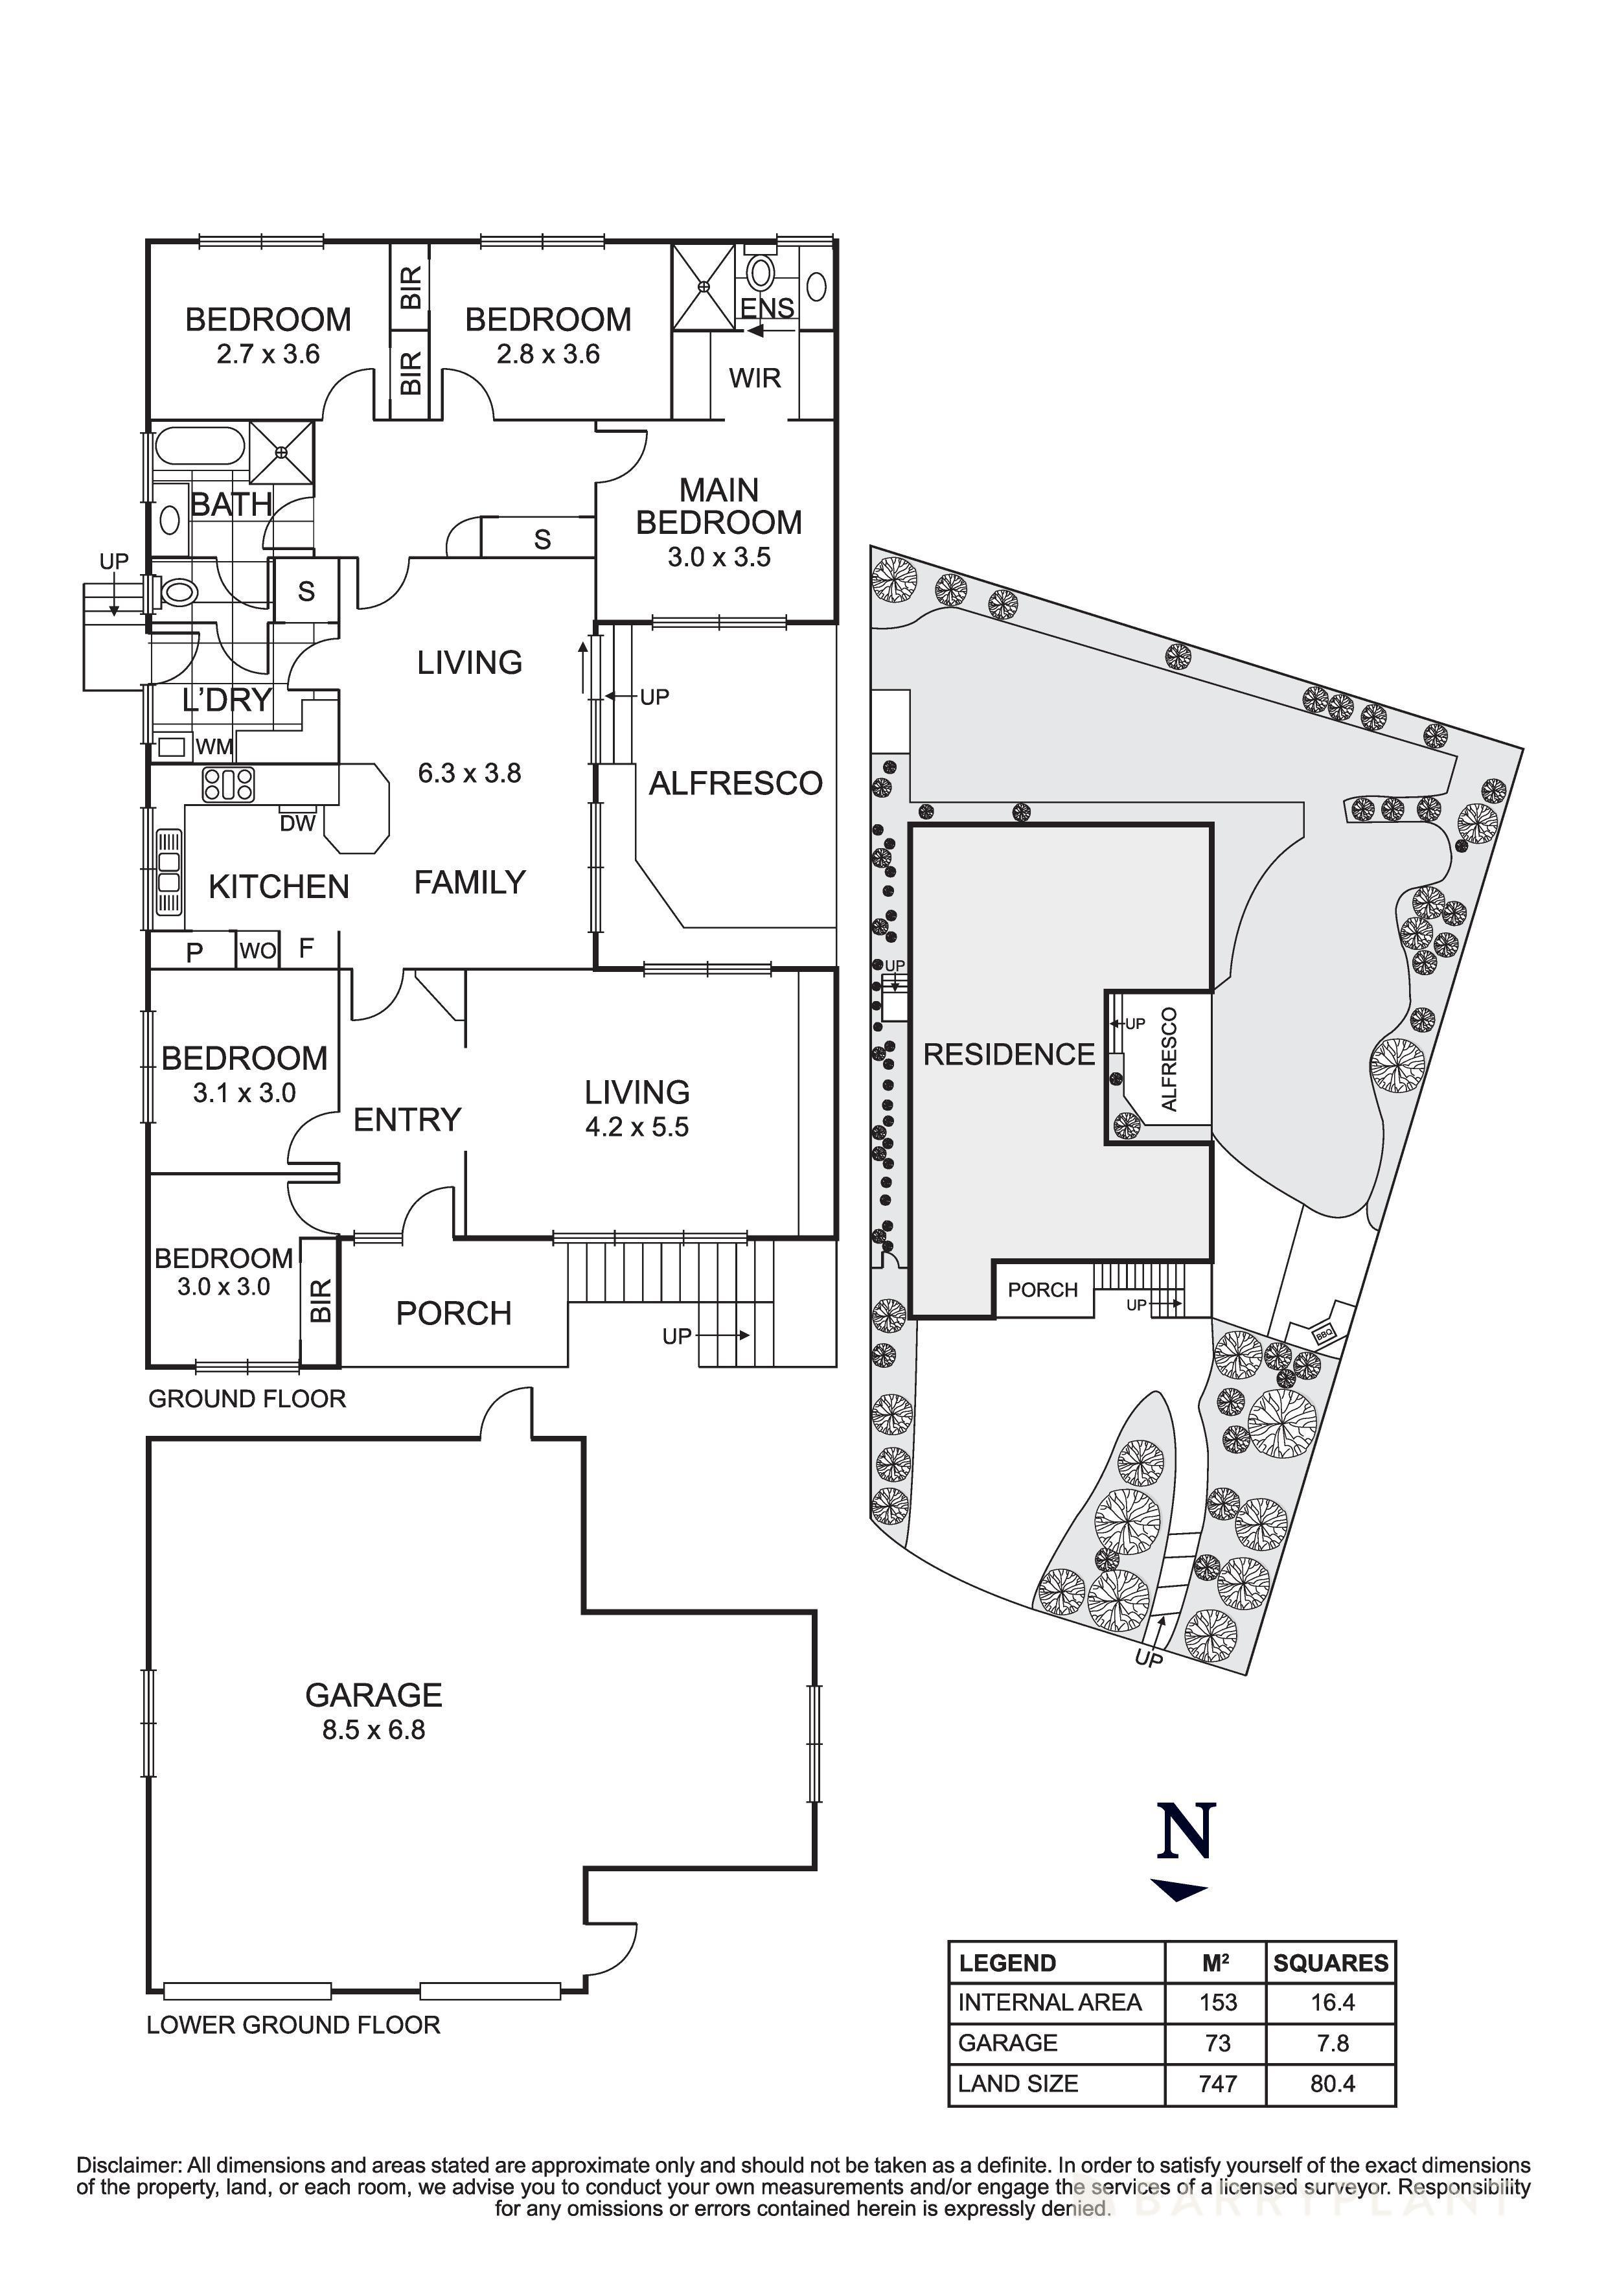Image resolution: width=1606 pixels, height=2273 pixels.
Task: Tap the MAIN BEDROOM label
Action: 718,506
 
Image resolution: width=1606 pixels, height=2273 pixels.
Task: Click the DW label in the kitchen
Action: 297,823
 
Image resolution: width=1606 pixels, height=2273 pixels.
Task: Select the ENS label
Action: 768,307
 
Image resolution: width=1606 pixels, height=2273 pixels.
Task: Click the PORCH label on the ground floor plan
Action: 453,1313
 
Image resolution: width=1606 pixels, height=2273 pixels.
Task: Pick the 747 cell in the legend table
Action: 1217,2083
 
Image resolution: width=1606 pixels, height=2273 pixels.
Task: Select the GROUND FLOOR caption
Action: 247,1399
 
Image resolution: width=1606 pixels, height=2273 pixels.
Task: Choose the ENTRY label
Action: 407,1120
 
